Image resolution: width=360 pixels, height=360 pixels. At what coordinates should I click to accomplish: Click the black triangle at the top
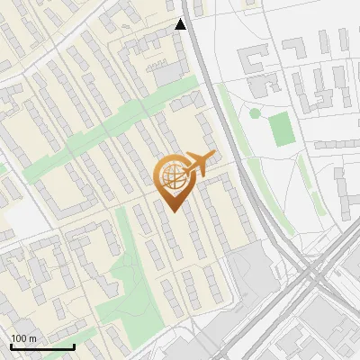[x=181, y=24]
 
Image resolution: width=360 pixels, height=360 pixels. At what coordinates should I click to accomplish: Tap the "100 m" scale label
[x=23, y=337]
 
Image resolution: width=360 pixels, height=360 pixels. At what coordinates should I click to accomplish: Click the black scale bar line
[x=42, y=346]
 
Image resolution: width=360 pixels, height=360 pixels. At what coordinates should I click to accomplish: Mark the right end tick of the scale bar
[x=74, y=345]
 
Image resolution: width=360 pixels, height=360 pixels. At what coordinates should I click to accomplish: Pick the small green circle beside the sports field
[x=255, y=113]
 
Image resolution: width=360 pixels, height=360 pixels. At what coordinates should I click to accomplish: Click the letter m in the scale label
[x=32, y=337]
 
